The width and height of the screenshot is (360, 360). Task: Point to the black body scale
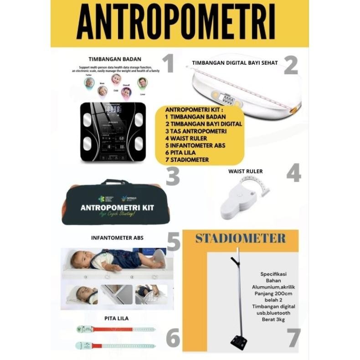[113, 132]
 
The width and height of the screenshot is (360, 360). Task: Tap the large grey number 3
[172, 176]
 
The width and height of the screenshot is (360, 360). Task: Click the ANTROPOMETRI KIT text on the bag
[117, 207]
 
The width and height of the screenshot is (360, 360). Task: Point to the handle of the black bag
[115, 182]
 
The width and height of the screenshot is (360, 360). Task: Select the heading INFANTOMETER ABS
[117, 238]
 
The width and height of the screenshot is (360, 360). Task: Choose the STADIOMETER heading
[240, 238]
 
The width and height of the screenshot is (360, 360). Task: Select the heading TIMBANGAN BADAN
[115, 59]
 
